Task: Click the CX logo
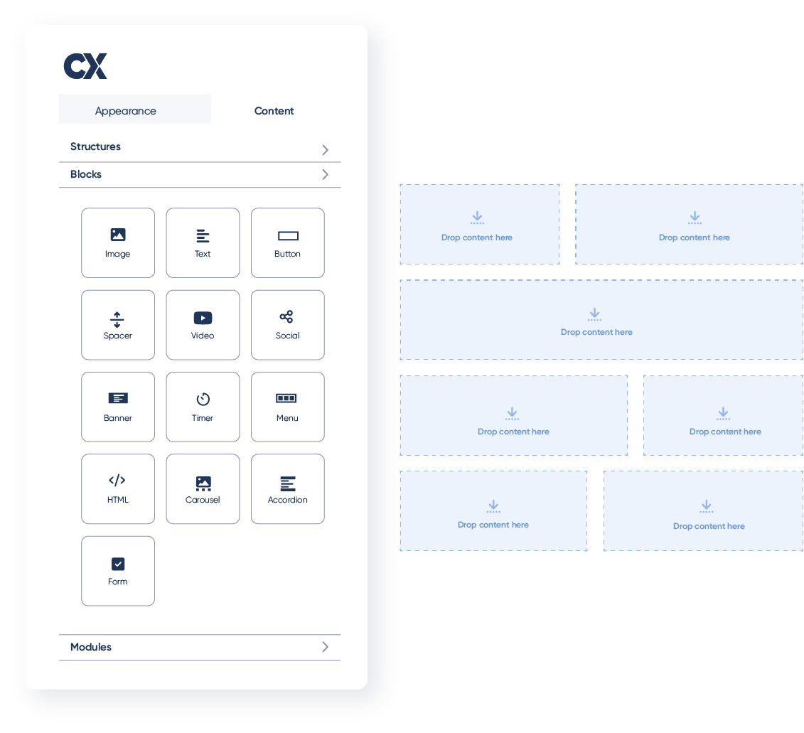85,66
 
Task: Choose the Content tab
274,111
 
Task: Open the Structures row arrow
325,149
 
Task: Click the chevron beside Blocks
325,174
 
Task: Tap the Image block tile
118,242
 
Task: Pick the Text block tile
203,242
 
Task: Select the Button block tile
287,242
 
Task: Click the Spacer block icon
117,319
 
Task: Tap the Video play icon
203,318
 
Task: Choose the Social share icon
286,317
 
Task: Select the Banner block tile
118,407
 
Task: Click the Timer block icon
203,400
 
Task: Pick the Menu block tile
287,407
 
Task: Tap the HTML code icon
117,481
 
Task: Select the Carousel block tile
203,488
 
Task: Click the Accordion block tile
287,488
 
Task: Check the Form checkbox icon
118,564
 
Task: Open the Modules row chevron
325,647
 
